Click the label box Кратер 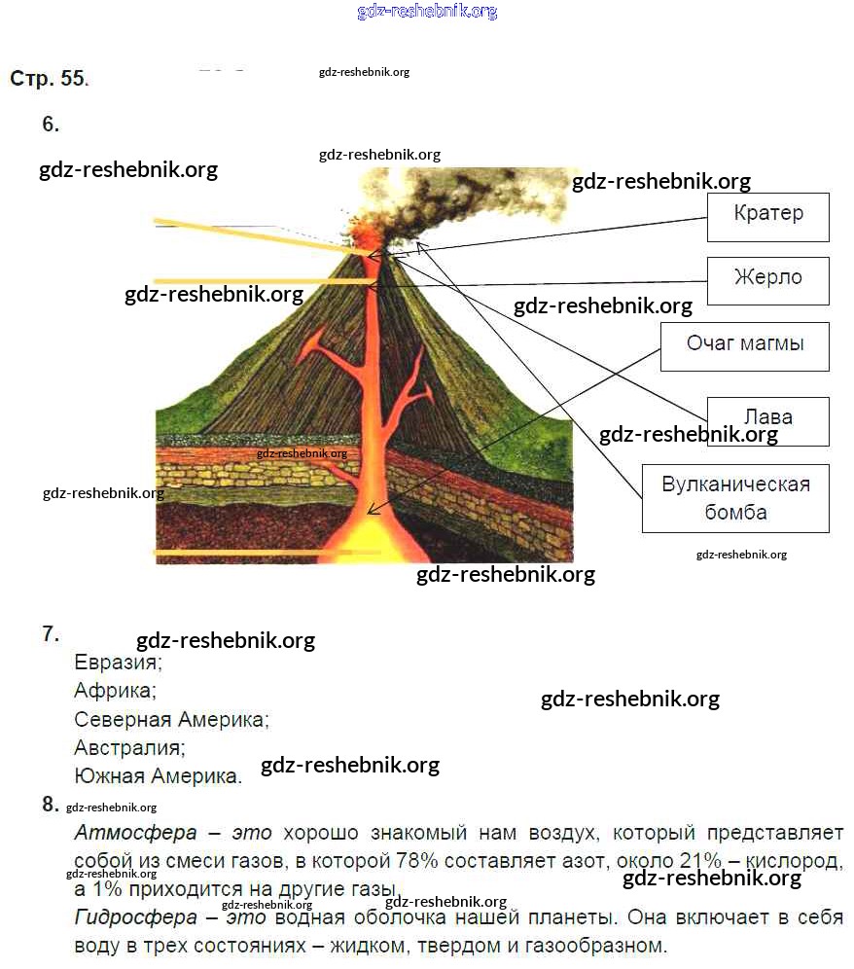point(767,216)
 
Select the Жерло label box point(767,280)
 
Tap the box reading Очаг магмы point(744,345)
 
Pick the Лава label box point(767,419)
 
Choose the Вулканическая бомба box point(734,498)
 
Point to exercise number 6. point(51,125)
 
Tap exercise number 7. point(51,634)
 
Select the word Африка point(113,691)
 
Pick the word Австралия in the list point(127,748)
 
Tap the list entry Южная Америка point(156,776)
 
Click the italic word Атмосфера point(135,834)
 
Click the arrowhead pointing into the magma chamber point(373,509)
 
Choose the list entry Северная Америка point(169,720)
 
